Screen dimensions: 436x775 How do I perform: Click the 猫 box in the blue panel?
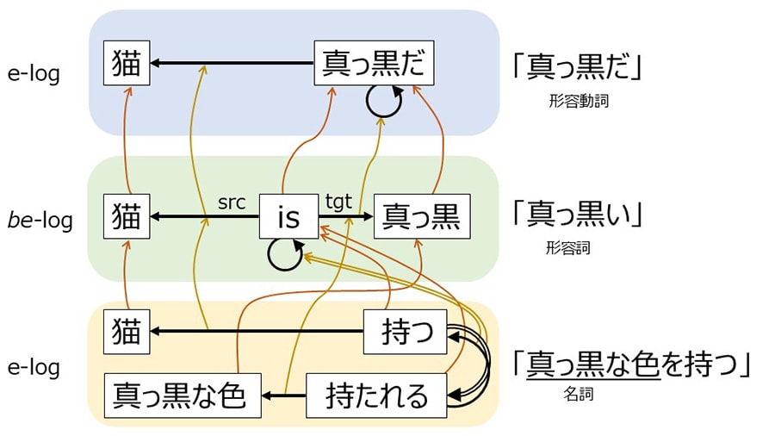click(127, 64)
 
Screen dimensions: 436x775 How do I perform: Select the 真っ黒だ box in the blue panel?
click(373, 64)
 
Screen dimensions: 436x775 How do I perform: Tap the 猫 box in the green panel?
click(127, 216)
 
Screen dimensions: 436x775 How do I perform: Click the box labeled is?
click(288, 216)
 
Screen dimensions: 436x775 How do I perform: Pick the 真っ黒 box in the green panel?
click(422, 216)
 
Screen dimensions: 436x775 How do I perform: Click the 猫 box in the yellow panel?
click(127, 331)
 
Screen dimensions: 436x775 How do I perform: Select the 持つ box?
click(405, 331)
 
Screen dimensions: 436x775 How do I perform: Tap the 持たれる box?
click(376, 396)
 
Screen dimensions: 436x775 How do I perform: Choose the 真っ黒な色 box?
click(183, 396)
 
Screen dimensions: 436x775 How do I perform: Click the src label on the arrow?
click(232, 202)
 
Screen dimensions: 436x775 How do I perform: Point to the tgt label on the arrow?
click(338, 202)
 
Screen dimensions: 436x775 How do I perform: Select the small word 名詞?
click(578, 395)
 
